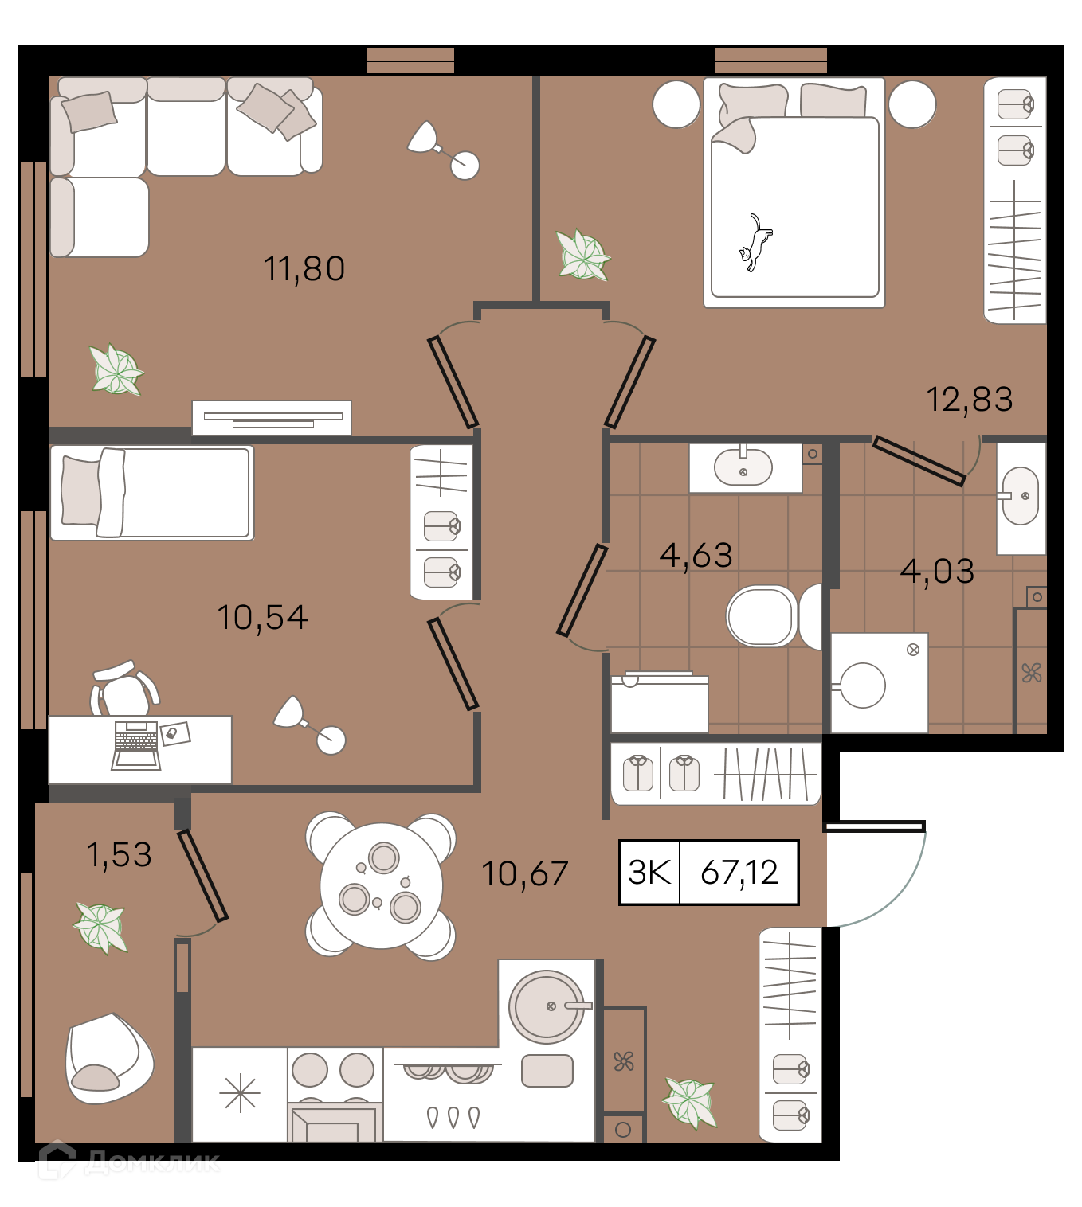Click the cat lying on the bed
[755, 243]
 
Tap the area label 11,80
[304, 268]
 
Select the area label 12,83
[969, 399]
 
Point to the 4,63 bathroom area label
[695, 555]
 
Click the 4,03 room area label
[936, 572]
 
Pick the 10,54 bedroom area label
[262, 617]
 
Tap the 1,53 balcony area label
[120, 854]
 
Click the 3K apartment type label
[650, 872]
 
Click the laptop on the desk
[136, 744]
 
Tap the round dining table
[382, 885]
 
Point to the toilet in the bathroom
[774, 616]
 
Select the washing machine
[879, 683]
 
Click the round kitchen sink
[547, 1007]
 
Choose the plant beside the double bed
[582, 255]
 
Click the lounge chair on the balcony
[109, 1059]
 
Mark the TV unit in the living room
[271, 418]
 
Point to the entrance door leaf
[874, 826]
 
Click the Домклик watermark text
[152, 1162]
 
